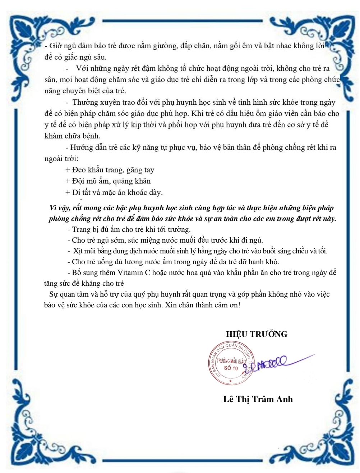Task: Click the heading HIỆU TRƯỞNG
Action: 257,334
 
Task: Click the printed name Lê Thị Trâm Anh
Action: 258,399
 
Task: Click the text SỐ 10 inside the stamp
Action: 231,368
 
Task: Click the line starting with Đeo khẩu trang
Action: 110,170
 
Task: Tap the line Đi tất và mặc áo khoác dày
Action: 114,192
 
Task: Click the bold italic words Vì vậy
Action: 59,208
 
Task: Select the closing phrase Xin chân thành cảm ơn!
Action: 200,305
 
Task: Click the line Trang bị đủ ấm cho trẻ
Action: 129,229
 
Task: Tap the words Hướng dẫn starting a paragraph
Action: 87,148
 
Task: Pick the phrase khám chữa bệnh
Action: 72,136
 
